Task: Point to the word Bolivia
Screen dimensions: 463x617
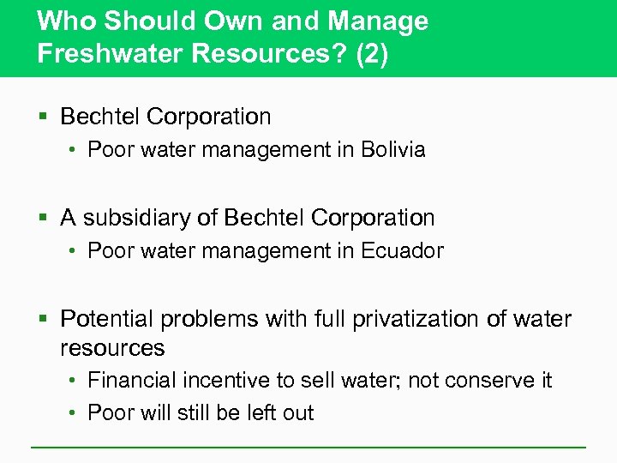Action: pyautogui.click(x=393, y=150)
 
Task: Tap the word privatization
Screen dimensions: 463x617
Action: pyautogui.click(x=395, y=319)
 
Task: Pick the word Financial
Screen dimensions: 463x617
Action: pyautogui.click(x=131, y=380)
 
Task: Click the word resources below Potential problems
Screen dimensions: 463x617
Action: pyautogui.click(x=112, y=348)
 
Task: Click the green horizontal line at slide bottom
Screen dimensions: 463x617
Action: pyautogui.click(x=308, y=447)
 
